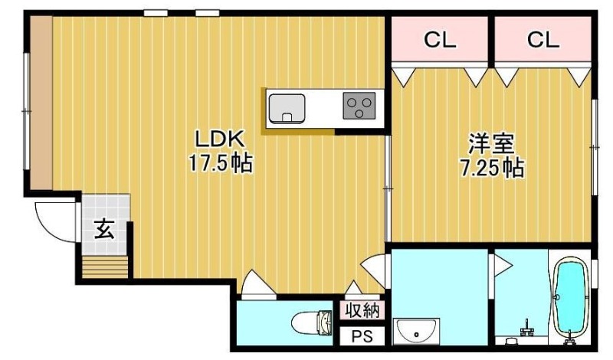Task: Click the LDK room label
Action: click(x=220, y=139)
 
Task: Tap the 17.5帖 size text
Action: click(x=221, y=163)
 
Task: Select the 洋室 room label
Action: click(x=491, y=143)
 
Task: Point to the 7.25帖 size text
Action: click(x=491, y=169)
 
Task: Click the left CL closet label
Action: click(x=440, y=40)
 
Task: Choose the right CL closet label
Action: click(x=543, y=40)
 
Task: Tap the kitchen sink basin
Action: click(x=287, y=108)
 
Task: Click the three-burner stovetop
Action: click(x=359, y=106)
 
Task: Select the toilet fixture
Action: click(x=312, y=323)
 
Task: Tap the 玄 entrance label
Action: click(x=105, y=229)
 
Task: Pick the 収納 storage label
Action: click(x=362, y=311)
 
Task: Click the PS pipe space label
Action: click(x=362, y=336)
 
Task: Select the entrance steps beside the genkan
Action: click(x=105, y=267)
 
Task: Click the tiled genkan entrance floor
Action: click(x=106, y=224)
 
